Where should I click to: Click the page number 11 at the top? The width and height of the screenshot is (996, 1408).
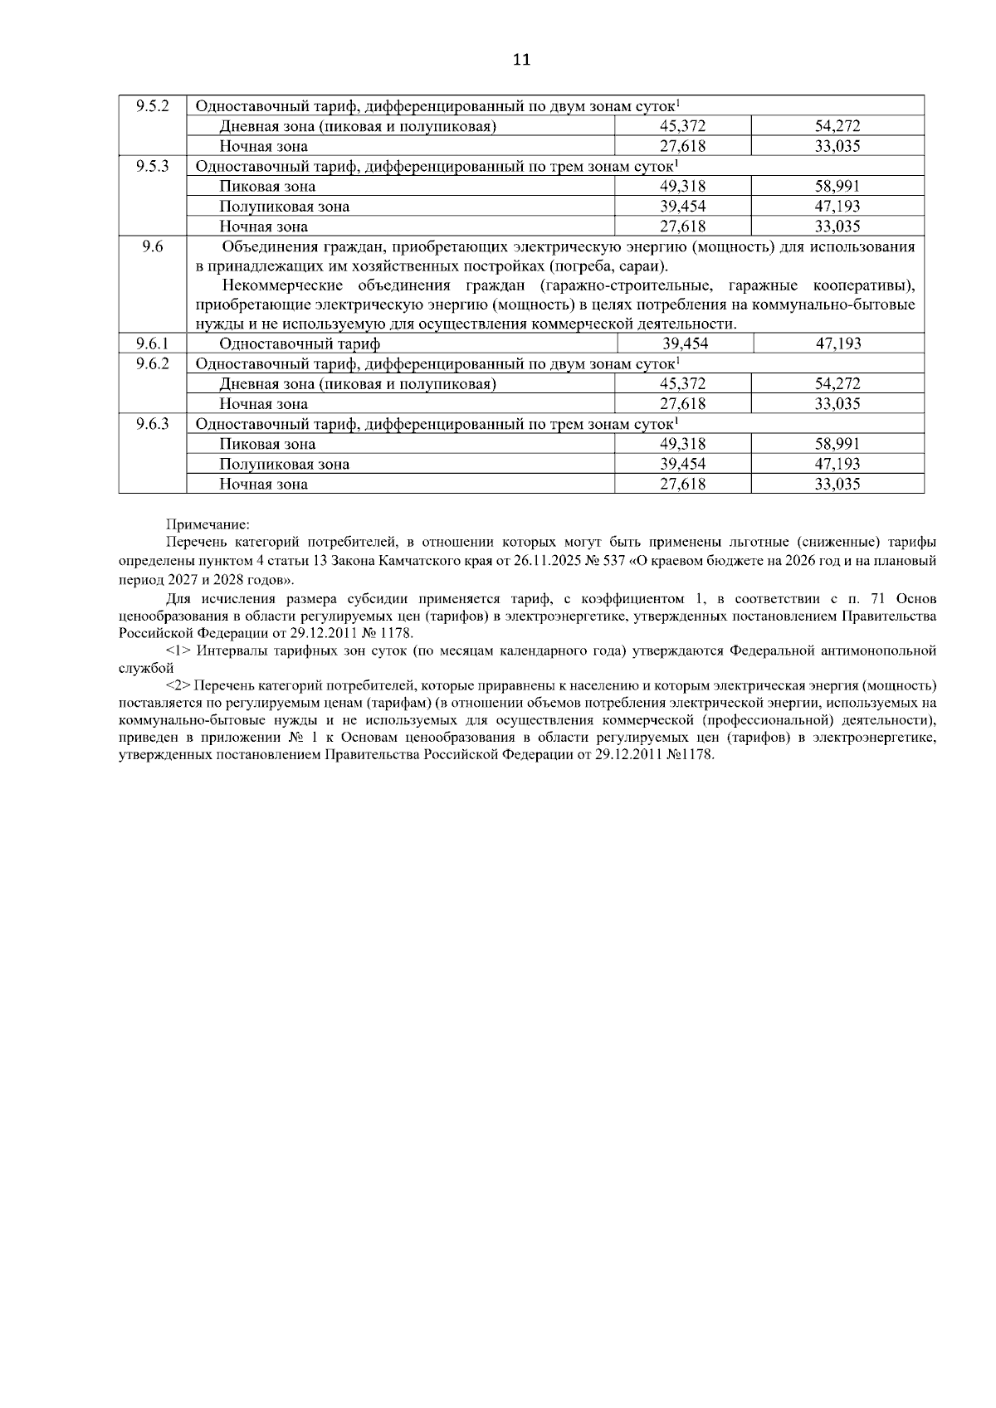tap(521, 60)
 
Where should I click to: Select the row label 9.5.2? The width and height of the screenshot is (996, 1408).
tap(153, 105)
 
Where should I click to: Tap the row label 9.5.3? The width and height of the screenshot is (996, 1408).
tap(153, 165)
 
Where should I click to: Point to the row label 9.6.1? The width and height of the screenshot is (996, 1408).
tap(153, 343)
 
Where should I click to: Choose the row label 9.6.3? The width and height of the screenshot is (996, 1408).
tap(153, 423)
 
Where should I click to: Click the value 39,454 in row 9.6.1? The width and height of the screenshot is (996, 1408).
tap(686, 343)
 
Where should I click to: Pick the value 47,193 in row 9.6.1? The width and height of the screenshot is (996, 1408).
tap(838, 343)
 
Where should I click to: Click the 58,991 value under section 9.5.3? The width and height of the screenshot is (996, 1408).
tap(837, 187)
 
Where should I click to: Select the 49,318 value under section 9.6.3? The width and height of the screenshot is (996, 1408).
tap(682, 444)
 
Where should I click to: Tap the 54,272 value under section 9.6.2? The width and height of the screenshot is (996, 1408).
tap(837, 383)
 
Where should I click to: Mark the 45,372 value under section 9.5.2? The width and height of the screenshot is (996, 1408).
tap(682, 126)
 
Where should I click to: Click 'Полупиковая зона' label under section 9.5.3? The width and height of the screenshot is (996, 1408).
tap(284, 207)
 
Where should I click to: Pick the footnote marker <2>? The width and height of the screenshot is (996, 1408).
tap(179, 686)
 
